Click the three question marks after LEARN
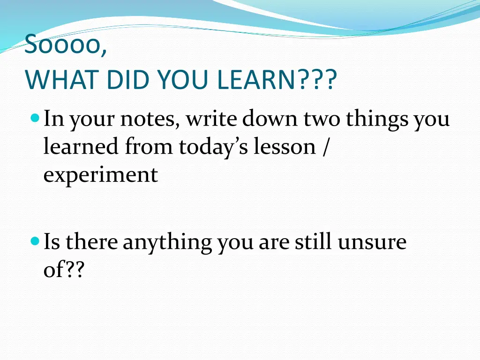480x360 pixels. click(x=317, y=81)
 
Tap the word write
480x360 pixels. click(x=212, y=120)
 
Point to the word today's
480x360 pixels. click(x=214, y=147)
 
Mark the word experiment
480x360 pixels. click(x=101, y=175)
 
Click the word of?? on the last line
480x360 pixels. click(x=63, y=271)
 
